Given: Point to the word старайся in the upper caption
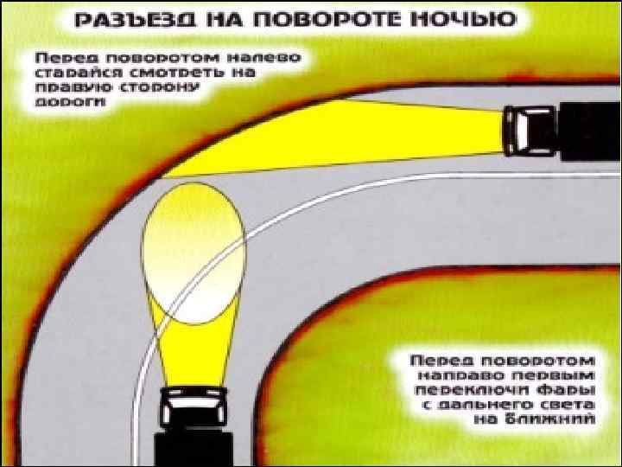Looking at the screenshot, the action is (73, 72).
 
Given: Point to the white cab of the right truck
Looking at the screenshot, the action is (523, 130).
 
